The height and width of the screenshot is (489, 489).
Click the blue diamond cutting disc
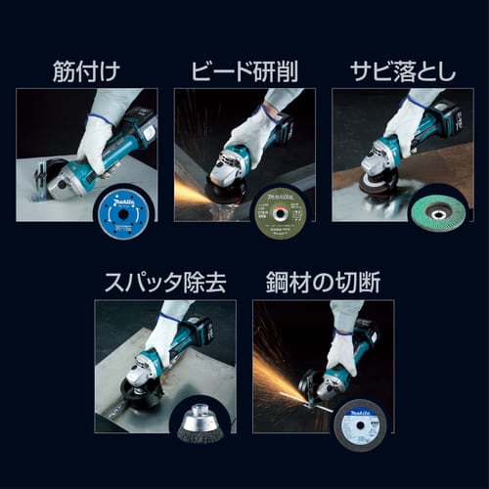[x=123, y=206]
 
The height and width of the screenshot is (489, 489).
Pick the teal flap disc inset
[x=438, y=207]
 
